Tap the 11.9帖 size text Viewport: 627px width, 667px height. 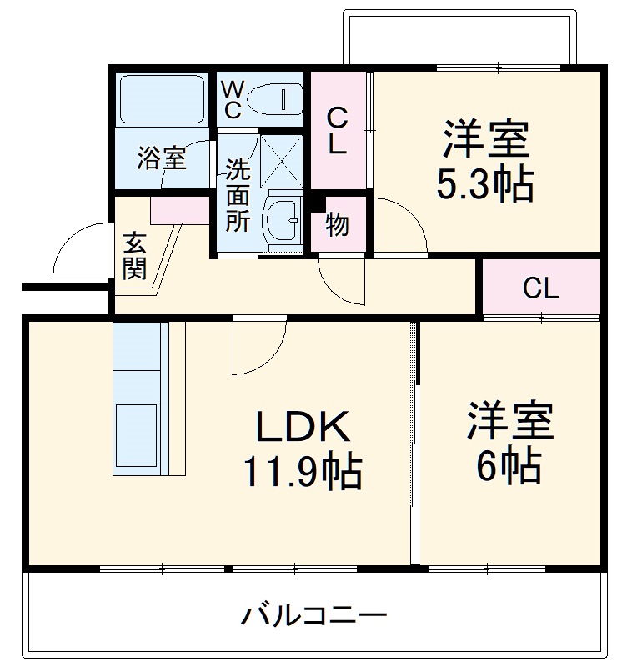tap(302, 472)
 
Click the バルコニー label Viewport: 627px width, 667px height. tap(314, 618)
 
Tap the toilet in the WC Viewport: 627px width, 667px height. tap(274, 99)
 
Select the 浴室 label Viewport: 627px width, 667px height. tap(162, 158)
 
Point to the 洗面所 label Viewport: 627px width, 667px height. tap(238, 195)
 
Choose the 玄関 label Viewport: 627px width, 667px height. tap(134, 256)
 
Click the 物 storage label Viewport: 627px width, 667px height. tap(337, 224)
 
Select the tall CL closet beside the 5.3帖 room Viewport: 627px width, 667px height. tap(338, 131)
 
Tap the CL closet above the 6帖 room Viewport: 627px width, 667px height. tap(540, 289)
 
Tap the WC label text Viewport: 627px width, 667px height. tap(233, 98)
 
